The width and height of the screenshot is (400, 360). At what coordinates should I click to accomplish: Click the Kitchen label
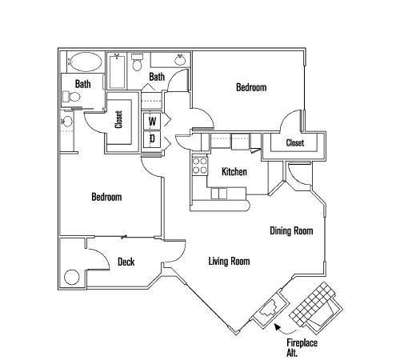click(x=234, y=171)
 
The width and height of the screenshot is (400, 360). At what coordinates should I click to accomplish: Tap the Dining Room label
click(x=291, y=230)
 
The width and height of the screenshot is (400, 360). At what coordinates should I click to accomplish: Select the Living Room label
click(x=229, y=261)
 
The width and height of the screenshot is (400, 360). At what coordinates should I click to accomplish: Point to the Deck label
click(x=126, y=262)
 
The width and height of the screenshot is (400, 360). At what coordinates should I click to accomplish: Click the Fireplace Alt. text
click(x=302, y=348)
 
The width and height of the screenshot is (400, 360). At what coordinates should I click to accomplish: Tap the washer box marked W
click(x=152, y=122)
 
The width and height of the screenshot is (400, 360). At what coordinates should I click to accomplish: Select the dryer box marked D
click(x=152, y=138)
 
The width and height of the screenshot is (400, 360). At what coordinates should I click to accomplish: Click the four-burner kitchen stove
click(x=200, y=166)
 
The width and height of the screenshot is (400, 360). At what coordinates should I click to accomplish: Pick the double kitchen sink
click(x=219, y=194)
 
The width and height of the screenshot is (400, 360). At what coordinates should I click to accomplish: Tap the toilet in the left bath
click(x=71, y=97)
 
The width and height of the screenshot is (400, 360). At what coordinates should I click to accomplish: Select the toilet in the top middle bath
click(x=137, y=62)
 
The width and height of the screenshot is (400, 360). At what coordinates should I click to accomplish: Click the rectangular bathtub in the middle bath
click(x=117, y=71)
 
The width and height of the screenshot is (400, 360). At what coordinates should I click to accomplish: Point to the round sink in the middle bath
click(x=181, y=60)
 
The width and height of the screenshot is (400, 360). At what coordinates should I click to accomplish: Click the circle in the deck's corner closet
click(x=72, y=278)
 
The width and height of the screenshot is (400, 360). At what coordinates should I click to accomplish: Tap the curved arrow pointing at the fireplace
click(x=284, y=330)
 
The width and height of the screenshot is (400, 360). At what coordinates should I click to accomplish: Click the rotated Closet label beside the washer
click(x=118, y=119)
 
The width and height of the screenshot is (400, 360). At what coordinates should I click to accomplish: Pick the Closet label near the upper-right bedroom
click(x=295, y=143)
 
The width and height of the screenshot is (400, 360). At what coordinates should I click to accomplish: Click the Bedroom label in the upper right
click(x=251, y=87)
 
